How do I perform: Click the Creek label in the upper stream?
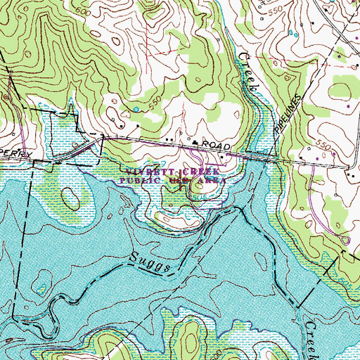[251, 72]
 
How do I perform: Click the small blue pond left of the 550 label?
[133, 110]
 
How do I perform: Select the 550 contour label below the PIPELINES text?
[323, 144]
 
